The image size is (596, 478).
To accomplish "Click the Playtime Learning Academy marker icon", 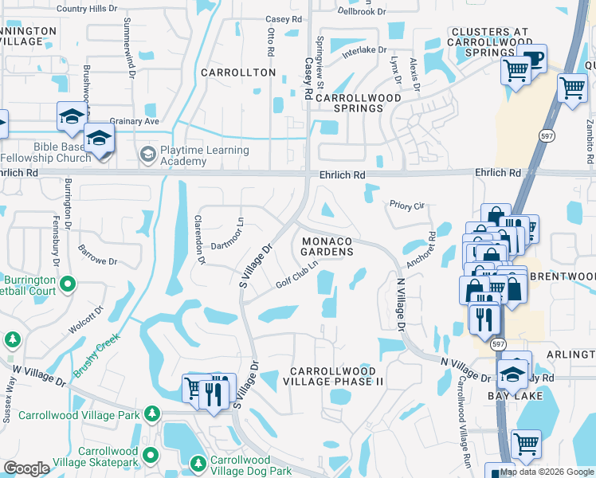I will coord(147,152).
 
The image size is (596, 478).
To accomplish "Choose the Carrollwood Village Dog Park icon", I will coord(198,461).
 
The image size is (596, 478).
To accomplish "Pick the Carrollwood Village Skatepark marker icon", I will coord(150,454).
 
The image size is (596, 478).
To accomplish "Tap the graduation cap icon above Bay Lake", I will coord(514,371).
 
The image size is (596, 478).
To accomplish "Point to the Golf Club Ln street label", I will coord(297,274).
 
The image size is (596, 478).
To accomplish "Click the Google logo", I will coord(26,468).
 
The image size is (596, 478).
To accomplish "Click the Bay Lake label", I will coord(523,396).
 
